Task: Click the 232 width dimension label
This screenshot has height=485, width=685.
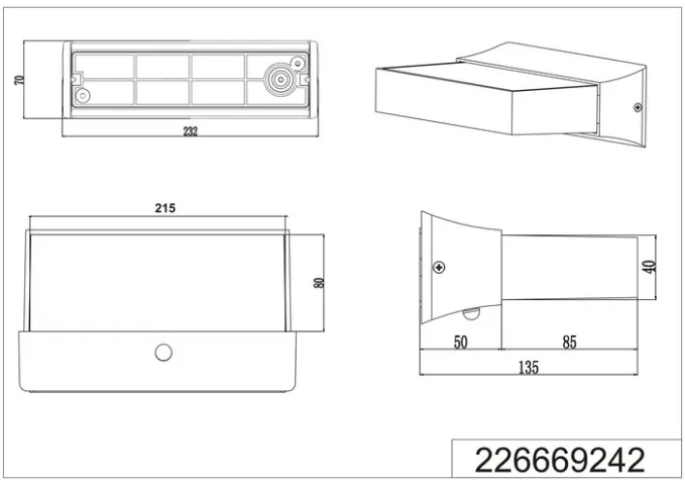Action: (x=191, y=131)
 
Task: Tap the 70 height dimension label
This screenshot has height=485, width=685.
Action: (x=18, y=80)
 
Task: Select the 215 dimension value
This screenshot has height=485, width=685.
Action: (x=165, y=208)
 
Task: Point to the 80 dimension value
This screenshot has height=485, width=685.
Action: (x=319, y=283)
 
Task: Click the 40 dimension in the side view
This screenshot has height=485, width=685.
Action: (x=649, y=266)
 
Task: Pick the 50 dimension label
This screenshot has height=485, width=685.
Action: (x=461, y=342)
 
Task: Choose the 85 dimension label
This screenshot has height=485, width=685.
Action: (x=569, y=342)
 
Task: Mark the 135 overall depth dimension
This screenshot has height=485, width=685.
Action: (x=528, y=368)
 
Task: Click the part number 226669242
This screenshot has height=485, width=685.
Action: (x=559, y=460)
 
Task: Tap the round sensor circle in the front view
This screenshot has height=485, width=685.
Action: (x=164, y=352)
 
